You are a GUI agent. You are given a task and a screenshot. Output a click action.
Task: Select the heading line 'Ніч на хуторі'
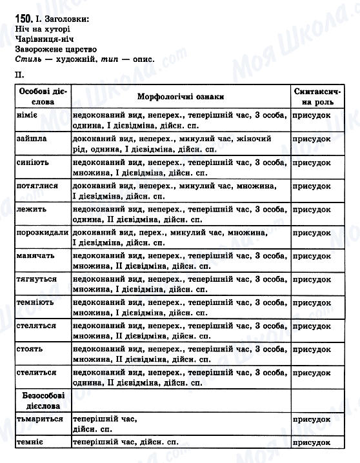(x=41, y=29)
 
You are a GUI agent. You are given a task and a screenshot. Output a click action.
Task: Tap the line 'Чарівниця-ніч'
(x=44, y=39)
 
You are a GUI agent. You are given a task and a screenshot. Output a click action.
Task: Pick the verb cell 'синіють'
(x=32, y=162)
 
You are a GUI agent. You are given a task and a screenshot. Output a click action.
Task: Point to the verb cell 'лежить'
(x=29, y=209)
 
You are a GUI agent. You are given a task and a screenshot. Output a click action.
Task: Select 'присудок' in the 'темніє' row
(x=312, y=442)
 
